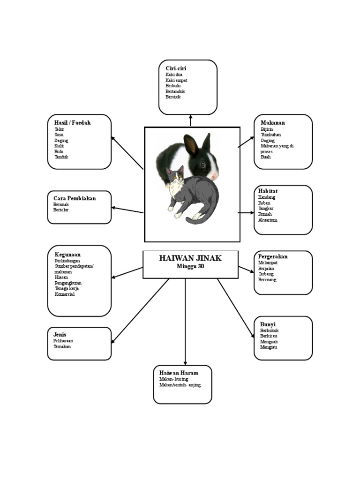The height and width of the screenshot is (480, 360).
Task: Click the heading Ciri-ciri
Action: tap(176, 68)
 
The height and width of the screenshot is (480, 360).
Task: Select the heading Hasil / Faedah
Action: tap(72, 123)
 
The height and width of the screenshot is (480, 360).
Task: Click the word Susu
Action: tap(59, 135)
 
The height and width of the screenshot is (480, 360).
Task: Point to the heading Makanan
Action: tap(273, 123)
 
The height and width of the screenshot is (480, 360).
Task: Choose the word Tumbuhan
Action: tap(271, 135)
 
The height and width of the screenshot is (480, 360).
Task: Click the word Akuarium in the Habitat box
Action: tap(268, 220)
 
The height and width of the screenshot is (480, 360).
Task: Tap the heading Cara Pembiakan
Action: tap(75, 198)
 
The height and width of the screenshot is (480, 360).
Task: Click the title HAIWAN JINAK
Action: tap(190, 258)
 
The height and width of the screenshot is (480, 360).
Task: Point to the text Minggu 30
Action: tap(190, 266)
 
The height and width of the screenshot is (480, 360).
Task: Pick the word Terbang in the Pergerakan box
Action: tap(266, 274)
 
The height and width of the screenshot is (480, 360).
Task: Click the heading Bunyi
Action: tap(268, 324)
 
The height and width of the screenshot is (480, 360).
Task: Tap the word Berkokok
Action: tap(269, 330)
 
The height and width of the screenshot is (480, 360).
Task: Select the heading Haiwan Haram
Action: tap(179, 373)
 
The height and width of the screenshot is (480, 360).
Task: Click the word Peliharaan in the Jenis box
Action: tap(63, 341)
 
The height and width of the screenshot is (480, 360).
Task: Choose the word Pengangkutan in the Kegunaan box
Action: tap(68, 283)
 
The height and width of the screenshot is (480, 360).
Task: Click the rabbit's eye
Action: tap(203, 164)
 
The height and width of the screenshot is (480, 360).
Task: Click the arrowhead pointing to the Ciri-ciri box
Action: tap(190, 117)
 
